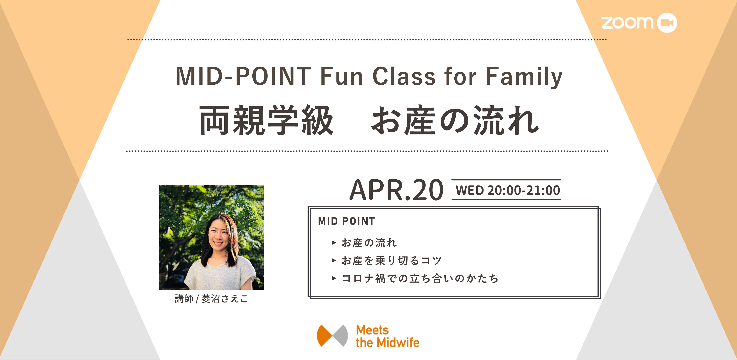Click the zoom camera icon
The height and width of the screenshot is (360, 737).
[667, 23]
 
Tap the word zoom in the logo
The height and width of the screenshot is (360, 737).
[627, 23]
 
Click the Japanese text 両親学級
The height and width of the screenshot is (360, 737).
[266, 120]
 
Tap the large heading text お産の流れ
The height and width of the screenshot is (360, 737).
[455, 120]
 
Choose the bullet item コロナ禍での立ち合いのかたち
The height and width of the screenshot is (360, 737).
[420, 278]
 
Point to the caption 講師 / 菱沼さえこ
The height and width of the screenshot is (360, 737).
[211, 299]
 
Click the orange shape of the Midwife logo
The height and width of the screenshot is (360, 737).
[325, 335]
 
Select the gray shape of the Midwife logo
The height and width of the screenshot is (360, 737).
[340, 335]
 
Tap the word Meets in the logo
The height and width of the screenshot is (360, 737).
[372, 330]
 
